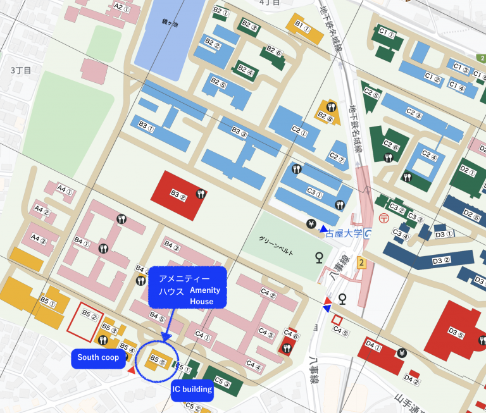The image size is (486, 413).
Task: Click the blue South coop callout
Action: [98, 357]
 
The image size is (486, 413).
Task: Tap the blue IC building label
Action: [192, 389]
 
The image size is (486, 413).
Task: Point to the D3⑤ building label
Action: [456, 330]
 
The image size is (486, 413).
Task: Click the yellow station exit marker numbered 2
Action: [361, 262]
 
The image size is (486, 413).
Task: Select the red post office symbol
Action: [383, 218]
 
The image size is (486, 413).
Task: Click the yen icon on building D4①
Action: [401, 352]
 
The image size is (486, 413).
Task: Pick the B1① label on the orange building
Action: [302, 28]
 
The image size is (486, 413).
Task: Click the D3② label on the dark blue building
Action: [442, 259]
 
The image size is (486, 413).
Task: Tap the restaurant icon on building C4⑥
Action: [288, 348]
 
